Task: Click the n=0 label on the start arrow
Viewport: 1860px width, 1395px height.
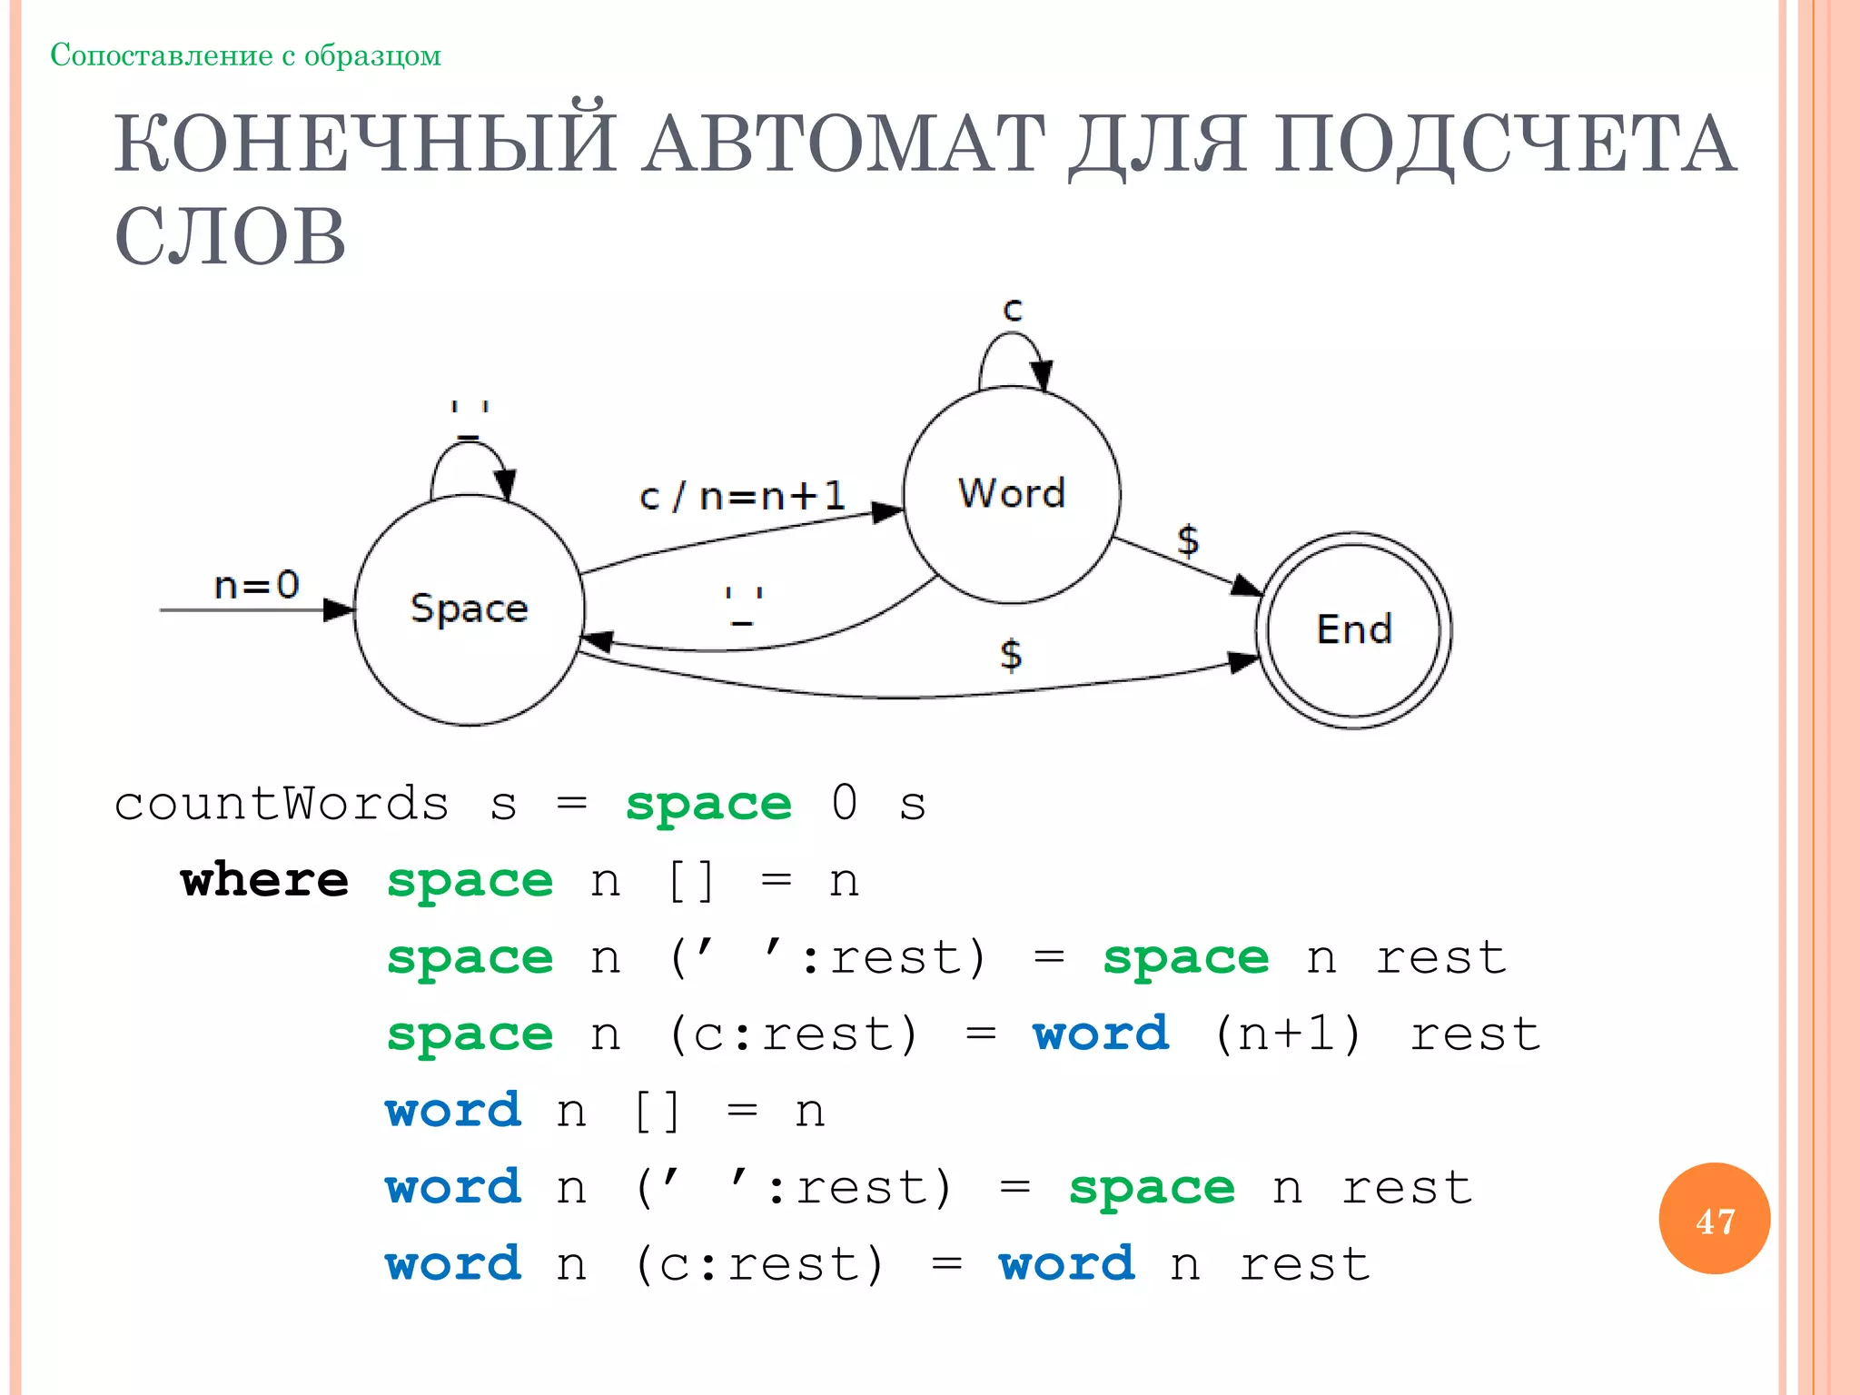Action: [256, 584]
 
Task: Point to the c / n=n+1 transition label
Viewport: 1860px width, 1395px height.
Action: [742, 496]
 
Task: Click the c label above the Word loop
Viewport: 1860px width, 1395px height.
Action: [1013, 310]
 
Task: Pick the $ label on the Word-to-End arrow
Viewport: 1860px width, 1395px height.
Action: [1187, 539]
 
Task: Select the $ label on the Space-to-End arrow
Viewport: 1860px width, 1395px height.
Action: [1011, 654]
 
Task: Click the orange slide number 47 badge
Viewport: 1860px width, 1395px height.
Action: [1714, 1219]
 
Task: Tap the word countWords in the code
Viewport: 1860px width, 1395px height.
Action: [282, 804]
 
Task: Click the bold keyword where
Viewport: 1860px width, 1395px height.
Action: [264, 880]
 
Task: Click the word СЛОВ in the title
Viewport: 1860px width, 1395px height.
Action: [231, 236]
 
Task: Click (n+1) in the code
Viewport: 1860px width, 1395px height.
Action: [1288, 1034]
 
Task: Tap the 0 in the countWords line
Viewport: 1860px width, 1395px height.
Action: [844, 803]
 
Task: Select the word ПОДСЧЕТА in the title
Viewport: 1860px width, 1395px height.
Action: [1504, 144]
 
